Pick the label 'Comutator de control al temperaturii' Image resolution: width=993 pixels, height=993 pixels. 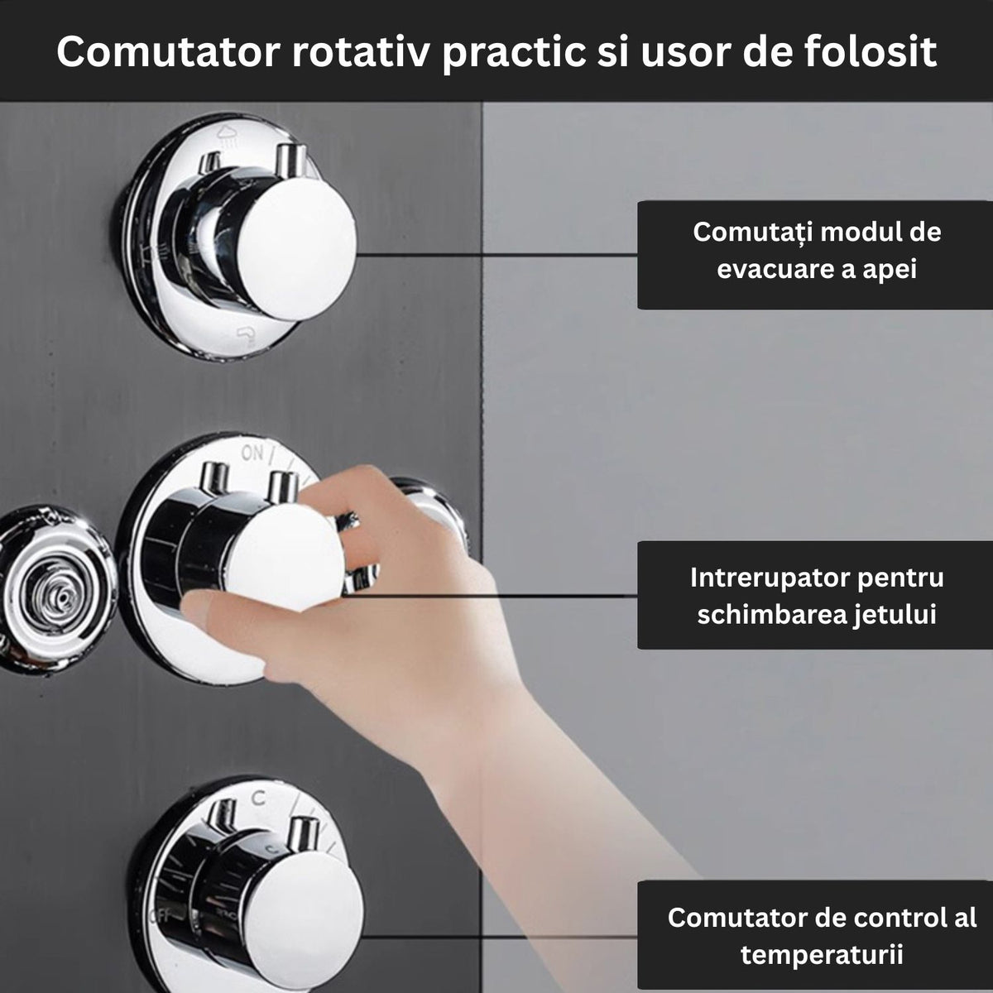pyautogui.click(x=821, y=935)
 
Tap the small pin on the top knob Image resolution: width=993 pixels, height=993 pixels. pyautogui.click(x=288, y=157)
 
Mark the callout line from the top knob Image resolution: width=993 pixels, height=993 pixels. pyautogui.click(x=496, y=255)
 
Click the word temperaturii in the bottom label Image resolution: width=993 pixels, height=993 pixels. pyautogui.click(x=821, y=954)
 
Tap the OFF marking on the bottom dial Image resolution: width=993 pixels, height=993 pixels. pyautogui.click(x=150, y=915)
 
